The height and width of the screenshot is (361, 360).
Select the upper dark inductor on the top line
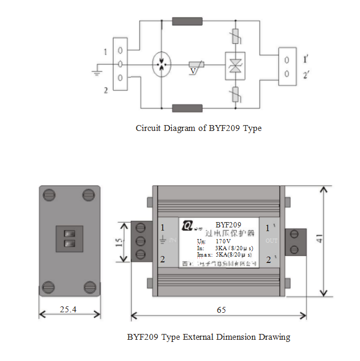pos(187,22)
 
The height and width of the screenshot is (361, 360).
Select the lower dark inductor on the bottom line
pos(187,109)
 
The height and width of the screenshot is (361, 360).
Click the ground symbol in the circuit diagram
pos(97,69)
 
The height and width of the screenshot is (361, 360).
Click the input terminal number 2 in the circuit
pos(106,90)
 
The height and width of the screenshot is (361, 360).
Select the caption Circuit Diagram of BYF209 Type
pos(198,128)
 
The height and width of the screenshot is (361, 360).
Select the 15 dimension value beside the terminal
pos(119,242)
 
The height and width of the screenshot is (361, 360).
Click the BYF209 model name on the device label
pos(229,225)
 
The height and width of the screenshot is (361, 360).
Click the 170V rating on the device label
pos(224,241)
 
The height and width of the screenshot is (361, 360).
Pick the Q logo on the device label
pos(187,226)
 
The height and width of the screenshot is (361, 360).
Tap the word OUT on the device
pos(271,241)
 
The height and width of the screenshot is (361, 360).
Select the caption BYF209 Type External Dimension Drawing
pos(208,337)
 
